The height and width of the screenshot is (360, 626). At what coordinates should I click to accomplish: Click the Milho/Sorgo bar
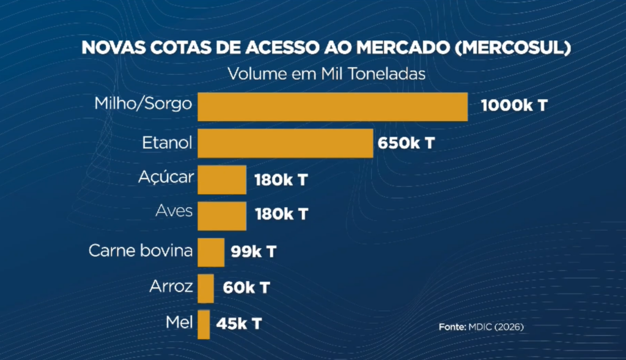coord(333,107)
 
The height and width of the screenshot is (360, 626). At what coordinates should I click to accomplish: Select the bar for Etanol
coord(285,143)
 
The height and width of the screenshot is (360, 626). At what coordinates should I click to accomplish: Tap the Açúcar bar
coord(222,180)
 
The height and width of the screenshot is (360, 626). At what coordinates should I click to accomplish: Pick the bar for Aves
coord(222,215)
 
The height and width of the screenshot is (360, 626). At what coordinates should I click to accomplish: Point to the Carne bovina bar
coord(211,252)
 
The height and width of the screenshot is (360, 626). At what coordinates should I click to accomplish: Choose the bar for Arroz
coord(206,288)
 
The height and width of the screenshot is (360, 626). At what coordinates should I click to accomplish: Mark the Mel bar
coord(204,324)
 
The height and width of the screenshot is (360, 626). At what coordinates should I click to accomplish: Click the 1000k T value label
coord(514,105)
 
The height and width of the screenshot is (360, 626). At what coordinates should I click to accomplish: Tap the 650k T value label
coord(407,144)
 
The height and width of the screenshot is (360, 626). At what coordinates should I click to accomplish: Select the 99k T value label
coord(254,251)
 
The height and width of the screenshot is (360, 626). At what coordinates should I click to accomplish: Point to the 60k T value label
coord(248,287)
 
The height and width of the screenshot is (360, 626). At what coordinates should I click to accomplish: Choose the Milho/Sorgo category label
coord(143,103)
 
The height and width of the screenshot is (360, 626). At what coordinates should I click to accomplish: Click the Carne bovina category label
coord(141,251)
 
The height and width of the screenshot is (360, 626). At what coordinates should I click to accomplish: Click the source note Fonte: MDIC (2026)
coord(481,327)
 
